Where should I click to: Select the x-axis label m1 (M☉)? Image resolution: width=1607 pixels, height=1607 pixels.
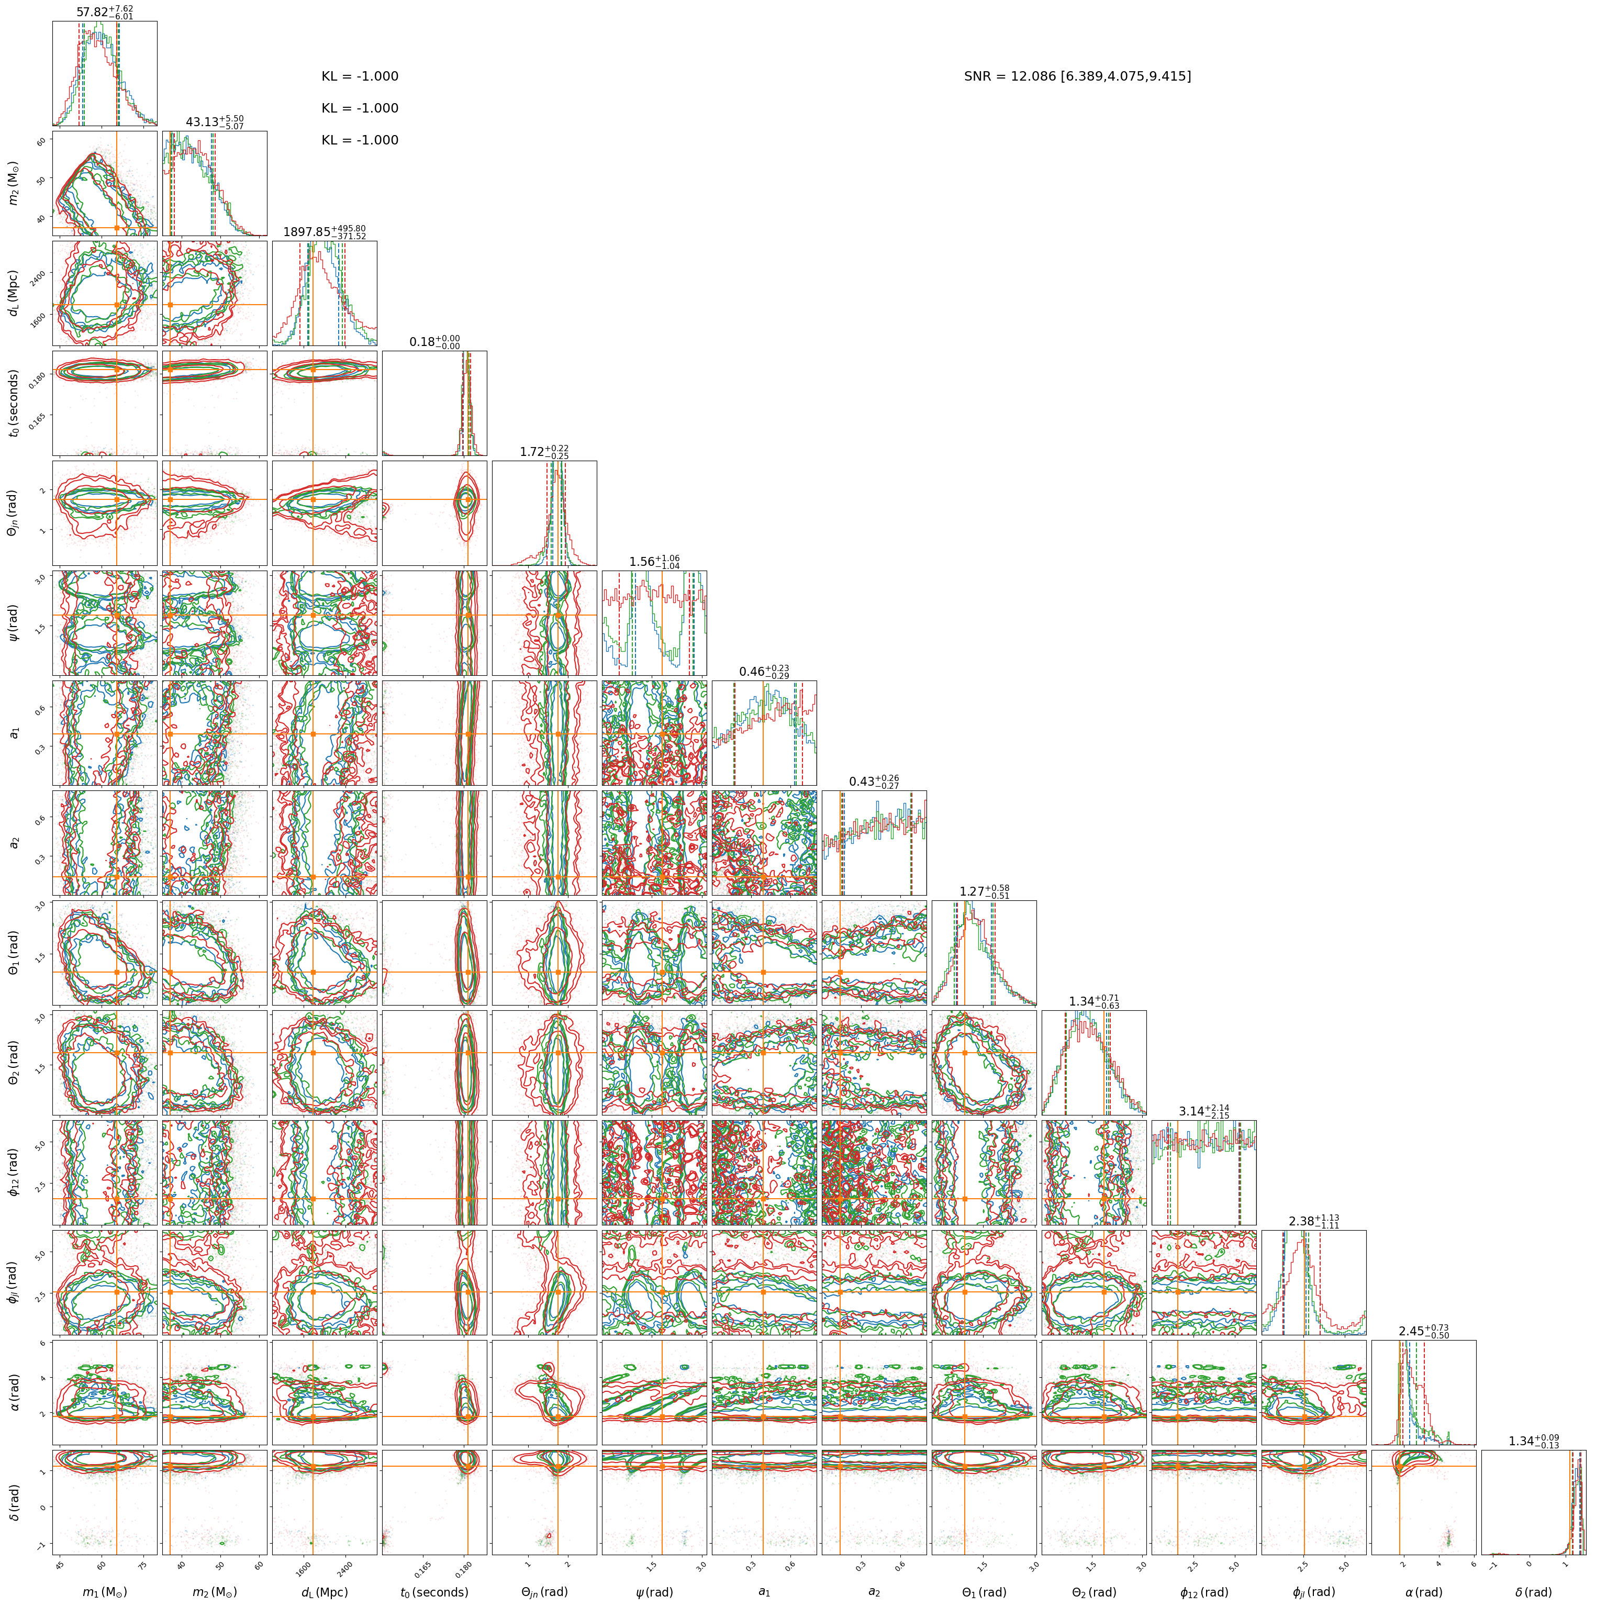[x=104, y=1591]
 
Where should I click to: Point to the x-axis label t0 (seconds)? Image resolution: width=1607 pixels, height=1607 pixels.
[x=433, y=1591]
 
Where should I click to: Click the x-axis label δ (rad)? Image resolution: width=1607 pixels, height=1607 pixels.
[x=1533, y=1591]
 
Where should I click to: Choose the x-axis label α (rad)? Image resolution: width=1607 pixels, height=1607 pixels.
[x=1423, y=1591]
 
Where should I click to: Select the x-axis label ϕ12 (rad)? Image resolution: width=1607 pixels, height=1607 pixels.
[x=1203, y=1591]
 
